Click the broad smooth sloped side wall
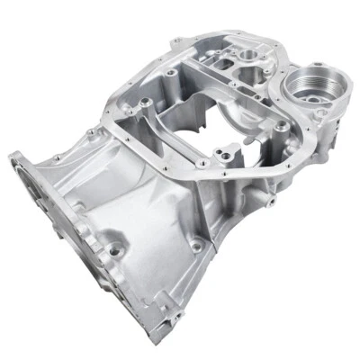click(135, 207)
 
